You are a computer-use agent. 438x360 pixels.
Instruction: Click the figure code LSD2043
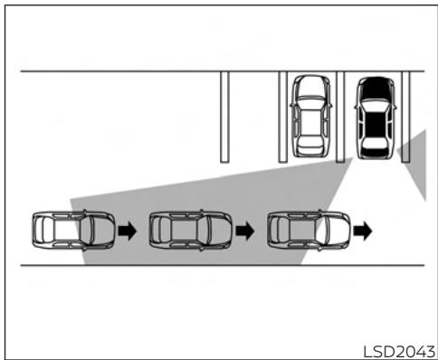coord(397,349)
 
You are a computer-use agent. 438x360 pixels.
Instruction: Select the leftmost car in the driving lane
coord(71,230)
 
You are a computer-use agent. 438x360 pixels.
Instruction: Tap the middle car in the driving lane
coord(189,230)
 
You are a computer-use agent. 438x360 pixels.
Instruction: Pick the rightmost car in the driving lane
coord(309,230)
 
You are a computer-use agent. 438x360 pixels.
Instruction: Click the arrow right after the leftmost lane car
coord(127,231)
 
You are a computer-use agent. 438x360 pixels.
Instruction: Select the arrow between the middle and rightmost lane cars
coord(245,231)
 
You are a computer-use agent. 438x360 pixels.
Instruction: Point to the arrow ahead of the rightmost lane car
coord(363,231)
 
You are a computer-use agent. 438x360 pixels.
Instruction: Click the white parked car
coord(309,117)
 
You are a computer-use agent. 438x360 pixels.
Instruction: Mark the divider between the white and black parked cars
coord(341,117)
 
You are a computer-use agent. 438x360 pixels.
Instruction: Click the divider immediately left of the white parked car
coord(282,117)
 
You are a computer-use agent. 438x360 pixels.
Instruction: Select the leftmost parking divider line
coord(224,117)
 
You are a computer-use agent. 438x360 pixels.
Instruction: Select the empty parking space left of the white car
coord(253,117)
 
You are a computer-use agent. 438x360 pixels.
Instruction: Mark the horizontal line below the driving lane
coord(217,266)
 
